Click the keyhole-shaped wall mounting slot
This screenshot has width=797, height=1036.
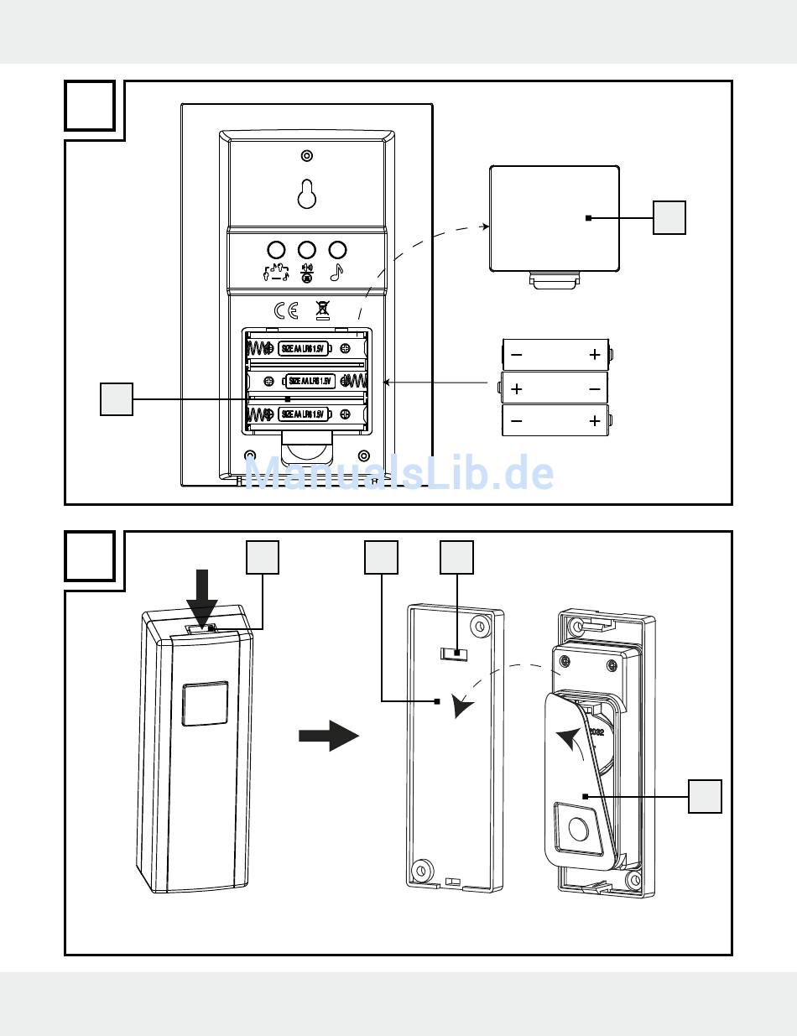[307, 194]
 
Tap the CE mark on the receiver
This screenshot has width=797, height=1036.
[286, 310]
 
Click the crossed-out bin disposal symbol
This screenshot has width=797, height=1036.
[321, 310]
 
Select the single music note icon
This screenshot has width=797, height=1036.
[337, 272]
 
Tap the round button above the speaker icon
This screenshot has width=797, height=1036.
[307, 249]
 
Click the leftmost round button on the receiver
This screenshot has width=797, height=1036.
[276, 249]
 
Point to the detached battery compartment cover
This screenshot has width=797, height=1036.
[554, 218]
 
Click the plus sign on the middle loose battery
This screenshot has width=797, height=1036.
[517, 389]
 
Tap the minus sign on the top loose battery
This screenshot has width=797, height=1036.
[517, 355]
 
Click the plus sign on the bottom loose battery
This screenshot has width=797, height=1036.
[595, 421]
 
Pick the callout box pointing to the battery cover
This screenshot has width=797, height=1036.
[669, 218]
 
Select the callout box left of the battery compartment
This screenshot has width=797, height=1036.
[116, 399]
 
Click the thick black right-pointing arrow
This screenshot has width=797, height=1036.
[328, 736]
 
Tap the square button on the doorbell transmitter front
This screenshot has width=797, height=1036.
[206, 703]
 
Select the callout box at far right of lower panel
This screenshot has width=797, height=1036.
[705, 795]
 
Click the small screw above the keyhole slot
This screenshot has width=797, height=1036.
[307, 156]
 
